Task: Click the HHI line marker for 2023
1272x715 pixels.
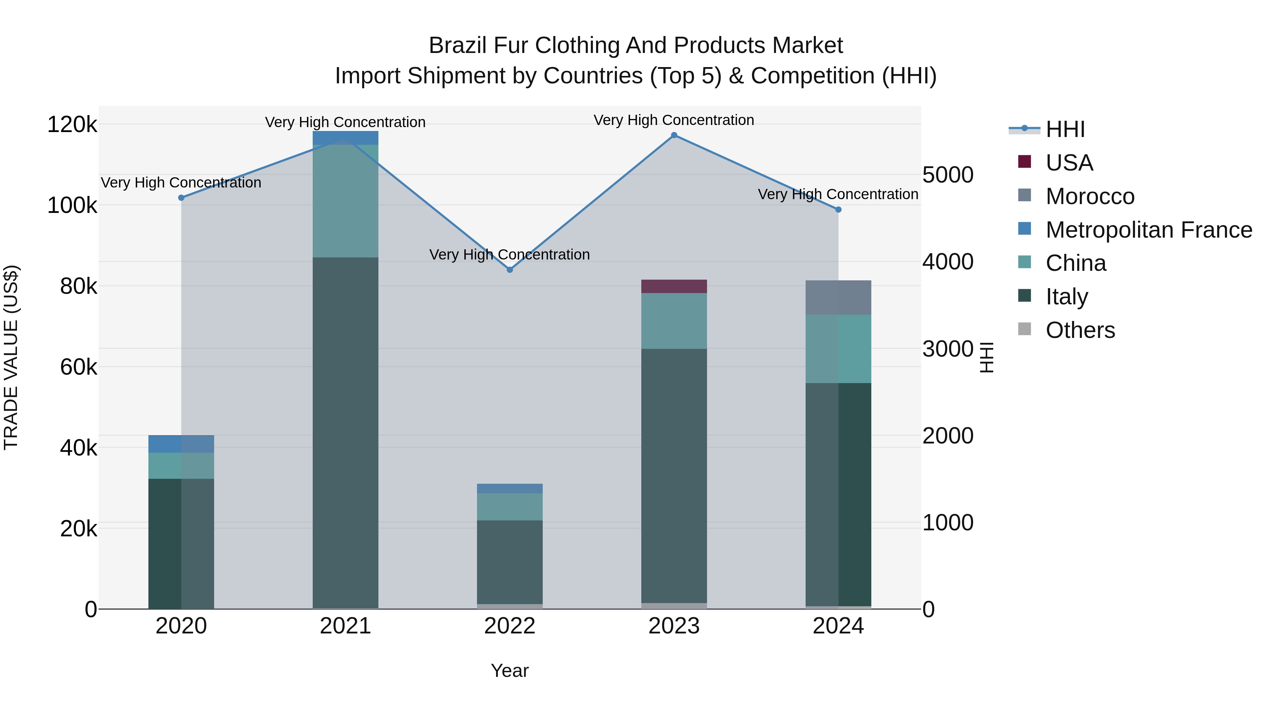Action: tap(674, 135)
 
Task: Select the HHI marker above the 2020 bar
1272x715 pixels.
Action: tap(181, 198)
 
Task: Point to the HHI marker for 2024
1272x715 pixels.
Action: tap(838, 210)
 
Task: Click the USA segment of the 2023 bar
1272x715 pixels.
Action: tap(674, 287)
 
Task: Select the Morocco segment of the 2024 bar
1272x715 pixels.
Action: tap(838, 298)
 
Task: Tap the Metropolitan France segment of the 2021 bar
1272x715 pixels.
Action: tap(346, 138)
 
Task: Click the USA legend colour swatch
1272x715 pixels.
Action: tap(1025, 162)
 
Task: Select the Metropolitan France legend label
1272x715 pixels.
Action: tap(1149, 230)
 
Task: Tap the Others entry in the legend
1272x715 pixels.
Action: tap(1080, 330)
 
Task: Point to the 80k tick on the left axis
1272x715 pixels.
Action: tap(78, 286)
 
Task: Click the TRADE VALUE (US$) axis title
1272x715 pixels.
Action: tap(11, 357)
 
